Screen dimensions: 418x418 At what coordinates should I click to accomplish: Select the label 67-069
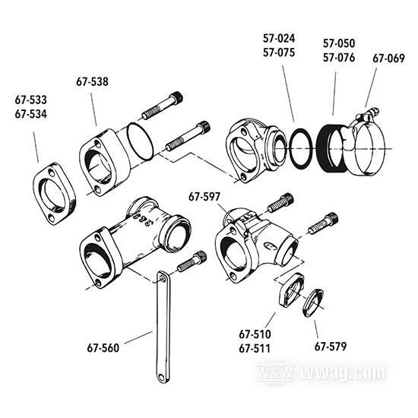[389, 58]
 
